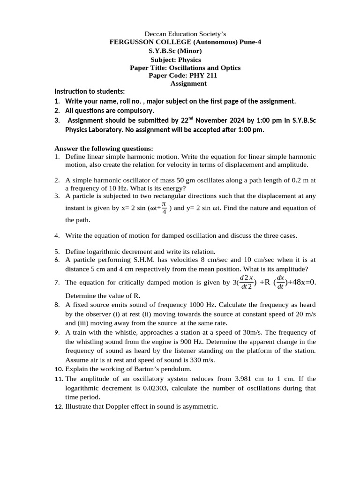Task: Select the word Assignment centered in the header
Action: pos(188,83)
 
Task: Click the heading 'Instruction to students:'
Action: pos(90,91)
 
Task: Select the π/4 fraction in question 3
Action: pos(164,207)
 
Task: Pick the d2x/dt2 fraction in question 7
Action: pos(246,282)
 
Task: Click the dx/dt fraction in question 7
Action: pos(280,282)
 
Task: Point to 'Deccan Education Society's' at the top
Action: pos(185,34)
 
